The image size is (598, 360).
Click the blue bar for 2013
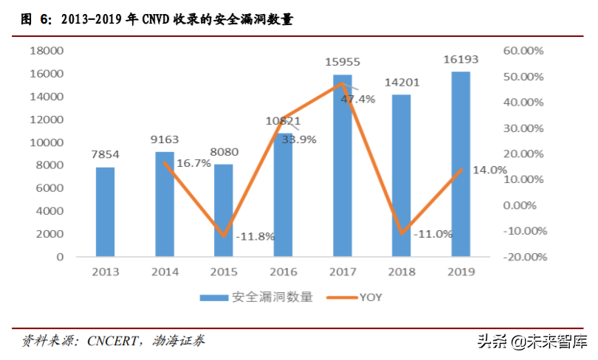tap(106, 212)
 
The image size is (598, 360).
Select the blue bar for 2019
tap(461, 164)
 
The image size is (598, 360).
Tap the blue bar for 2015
tap(224, 210)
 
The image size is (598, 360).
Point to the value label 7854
tap(106, 155)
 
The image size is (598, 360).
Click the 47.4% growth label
tap(358, 98)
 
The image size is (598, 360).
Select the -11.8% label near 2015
tap(255, 236)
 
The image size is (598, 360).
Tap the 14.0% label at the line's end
tap(489, 170)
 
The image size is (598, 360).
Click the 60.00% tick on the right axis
tap(523, 51)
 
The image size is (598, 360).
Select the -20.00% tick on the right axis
tap(523, 257)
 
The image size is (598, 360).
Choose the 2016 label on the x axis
tap(283, 271)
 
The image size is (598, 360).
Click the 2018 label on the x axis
tap(401, 271)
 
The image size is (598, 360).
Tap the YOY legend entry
tap(371, 297)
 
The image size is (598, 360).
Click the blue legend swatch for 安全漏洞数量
tap(213, 297)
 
